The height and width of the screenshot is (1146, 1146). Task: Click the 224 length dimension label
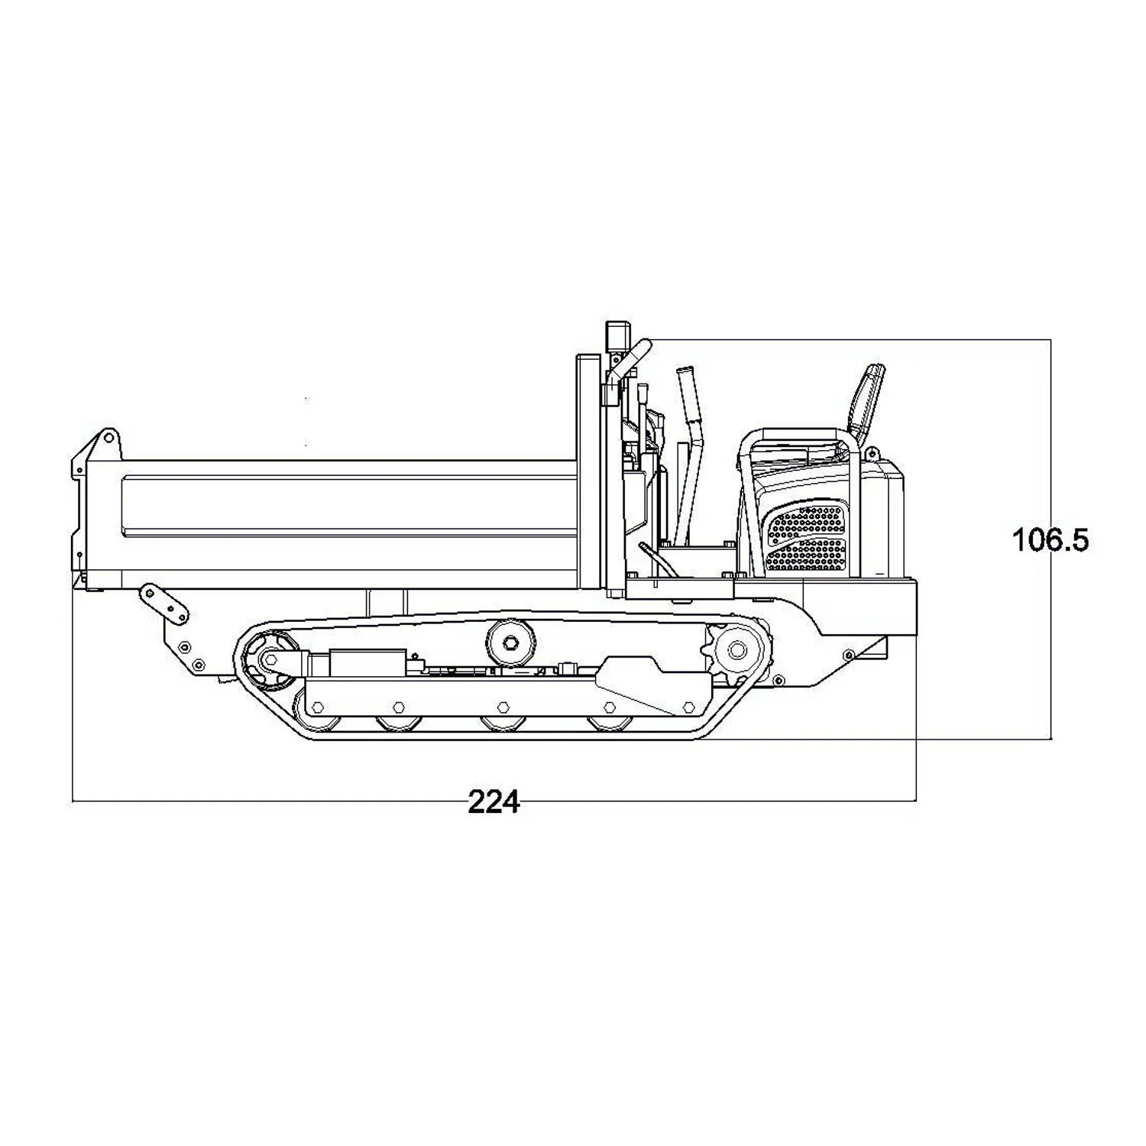[494, 802]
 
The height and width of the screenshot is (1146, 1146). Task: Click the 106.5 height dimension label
[1050, 540]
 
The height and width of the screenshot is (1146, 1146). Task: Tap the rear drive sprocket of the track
[736, 650]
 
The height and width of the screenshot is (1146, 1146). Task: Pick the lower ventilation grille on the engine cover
[807, 555]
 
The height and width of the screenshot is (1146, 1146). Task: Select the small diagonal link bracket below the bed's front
[164, 604]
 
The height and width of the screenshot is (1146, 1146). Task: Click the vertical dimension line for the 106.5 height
[1051, 539]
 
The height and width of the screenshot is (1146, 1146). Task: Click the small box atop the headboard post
[616, 336]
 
